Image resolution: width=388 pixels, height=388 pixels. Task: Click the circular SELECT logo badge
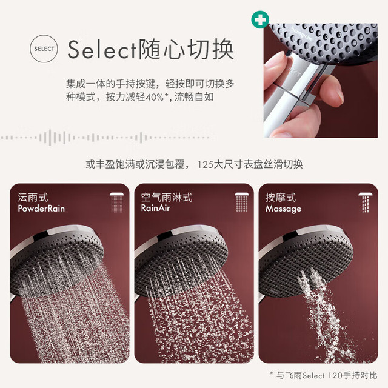tap(44, 48)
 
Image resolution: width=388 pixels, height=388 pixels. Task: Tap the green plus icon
tap(260, 19)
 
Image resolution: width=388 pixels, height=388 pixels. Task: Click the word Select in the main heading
tap(102, 50)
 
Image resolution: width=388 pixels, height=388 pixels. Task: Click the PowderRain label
tap(41, 209)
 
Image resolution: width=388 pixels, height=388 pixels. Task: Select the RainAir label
tap(155, 208)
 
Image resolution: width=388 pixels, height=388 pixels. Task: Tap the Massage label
tap(283, 209)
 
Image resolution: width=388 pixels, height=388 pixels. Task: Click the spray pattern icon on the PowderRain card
tap(117, 202)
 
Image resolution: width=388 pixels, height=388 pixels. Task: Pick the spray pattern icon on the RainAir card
tap(242, 202)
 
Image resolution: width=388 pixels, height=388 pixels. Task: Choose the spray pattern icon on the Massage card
tap(366, 202)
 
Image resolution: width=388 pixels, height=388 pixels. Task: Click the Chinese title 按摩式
tap(280, 198)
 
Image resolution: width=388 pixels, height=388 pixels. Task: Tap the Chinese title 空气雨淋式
tap(167, 198)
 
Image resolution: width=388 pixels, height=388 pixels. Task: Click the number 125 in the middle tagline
tap(206, 164)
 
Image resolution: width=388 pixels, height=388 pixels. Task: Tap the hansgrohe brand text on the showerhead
tap(302, 34)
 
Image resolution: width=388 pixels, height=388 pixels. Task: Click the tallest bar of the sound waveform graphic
tap(50, 138)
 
